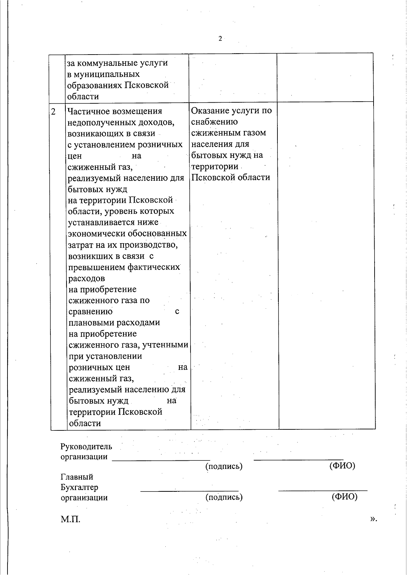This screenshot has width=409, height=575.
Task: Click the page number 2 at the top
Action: pos(220,39)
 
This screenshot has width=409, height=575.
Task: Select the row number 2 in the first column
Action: pos(54,112)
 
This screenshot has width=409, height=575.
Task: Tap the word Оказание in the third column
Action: pos(210,110)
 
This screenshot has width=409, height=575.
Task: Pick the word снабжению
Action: pos(214,122)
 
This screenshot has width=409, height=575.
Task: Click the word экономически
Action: pos(97,234)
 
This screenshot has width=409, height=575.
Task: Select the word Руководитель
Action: pos(86,446)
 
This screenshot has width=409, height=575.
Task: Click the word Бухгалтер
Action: pos(79,487)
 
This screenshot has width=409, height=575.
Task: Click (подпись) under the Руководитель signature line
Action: pos(224,466)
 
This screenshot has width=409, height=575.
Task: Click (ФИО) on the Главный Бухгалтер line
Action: pos(344,497)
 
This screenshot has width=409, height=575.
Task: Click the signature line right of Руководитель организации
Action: pos(161,460)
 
